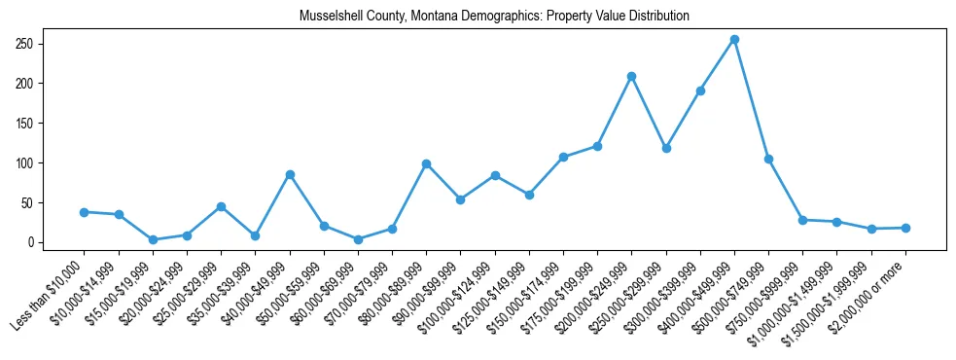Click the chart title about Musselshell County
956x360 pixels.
[494, 17]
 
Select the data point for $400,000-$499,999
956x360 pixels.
[734, 40]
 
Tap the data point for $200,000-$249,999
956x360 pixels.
[632, 76]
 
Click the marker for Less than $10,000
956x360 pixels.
[85, 212]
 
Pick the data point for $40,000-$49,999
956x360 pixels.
[290, 174]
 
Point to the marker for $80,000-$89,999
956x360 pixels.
[426, 163]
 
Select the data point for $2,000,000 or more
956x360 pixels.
[905, 228]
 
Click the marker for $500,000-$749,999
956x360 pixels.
[768, 159]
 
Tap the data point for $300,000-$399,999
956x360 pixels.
[700, 90]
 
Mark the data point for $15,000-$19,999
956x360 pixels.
[153, 239]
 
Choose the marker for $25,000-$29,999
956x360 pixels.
[221, 206]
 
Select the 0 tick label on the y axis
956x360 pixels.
[31, 242]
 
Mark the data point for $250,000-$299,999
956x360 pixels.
[666, 149]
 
